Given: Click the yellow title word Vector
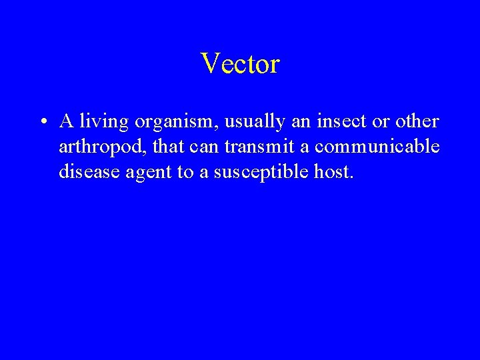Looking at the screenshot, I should [x=240, y=63].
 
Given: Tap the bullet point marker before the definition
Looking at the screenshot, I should [x=42, y=123].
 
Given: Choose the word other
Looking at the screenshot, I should [x=417, y=122].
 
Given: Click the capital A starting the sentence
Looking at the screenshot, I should [x=65, y=122].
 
